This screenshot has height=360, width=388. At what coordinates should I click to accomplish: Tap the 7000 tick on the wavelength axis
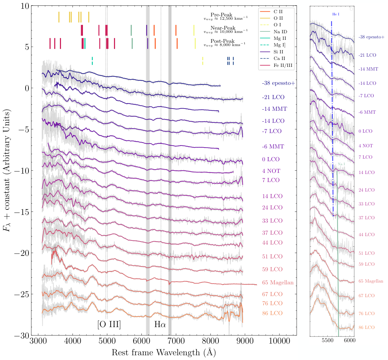click(176, 342)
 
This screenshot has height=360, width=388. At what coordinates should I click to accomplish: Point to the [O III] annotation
click(109, 324)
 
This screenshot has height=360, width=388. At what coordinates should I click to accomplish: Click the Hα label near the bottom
click(160, 324)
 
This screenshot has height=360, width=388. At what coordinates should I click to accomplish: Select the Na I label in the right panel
click(341, 164)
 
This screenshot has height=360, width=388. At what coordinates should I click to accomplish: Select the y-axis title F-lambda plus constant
click(8, 171)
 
